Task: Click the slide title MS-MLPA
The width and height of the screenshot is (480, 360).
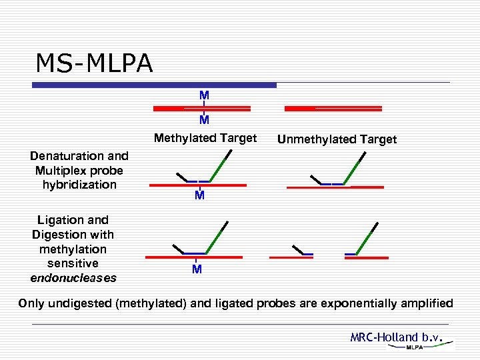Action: pyautogui.click(x=94, y=63)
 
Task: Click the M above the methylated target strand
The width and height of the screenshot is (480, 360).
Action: pyautogui.click(x=204, y=95)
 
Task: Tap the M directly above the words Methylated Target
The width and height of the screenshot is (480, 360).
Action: pyautogui.click(x=204, y=121)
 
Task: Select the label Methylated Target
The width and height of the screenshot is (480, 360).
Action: pyautogui.click(x=205, y=138)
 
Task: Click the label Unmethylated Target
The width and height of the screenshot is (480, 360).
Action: pyautogui.click(x=337, y=139)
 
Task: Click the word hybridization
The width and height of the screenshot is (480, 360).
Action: pyautogui.click(x=79, y=185)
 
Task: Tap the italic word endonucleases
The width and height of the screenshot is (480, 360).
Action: pyautogui.click(x=73, y=277)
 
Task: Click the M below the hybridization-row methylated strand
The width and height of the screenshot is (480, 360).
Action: pyautogui.click(x=199, y=197)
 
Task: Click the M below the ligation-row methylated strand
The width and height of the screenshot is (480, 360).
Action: pyautogui.click(x=197, y=270)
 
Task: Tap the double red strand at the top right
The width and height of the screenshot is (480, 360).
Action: pyautogui.click(x=333, y=107)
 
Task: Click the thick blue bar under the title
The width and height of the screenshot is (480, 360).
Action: pyautogui.click(x=155, y=85)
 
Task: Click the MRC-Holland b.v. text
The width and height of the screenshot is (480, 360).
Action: pyautogui.click(x=397, y=337)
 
